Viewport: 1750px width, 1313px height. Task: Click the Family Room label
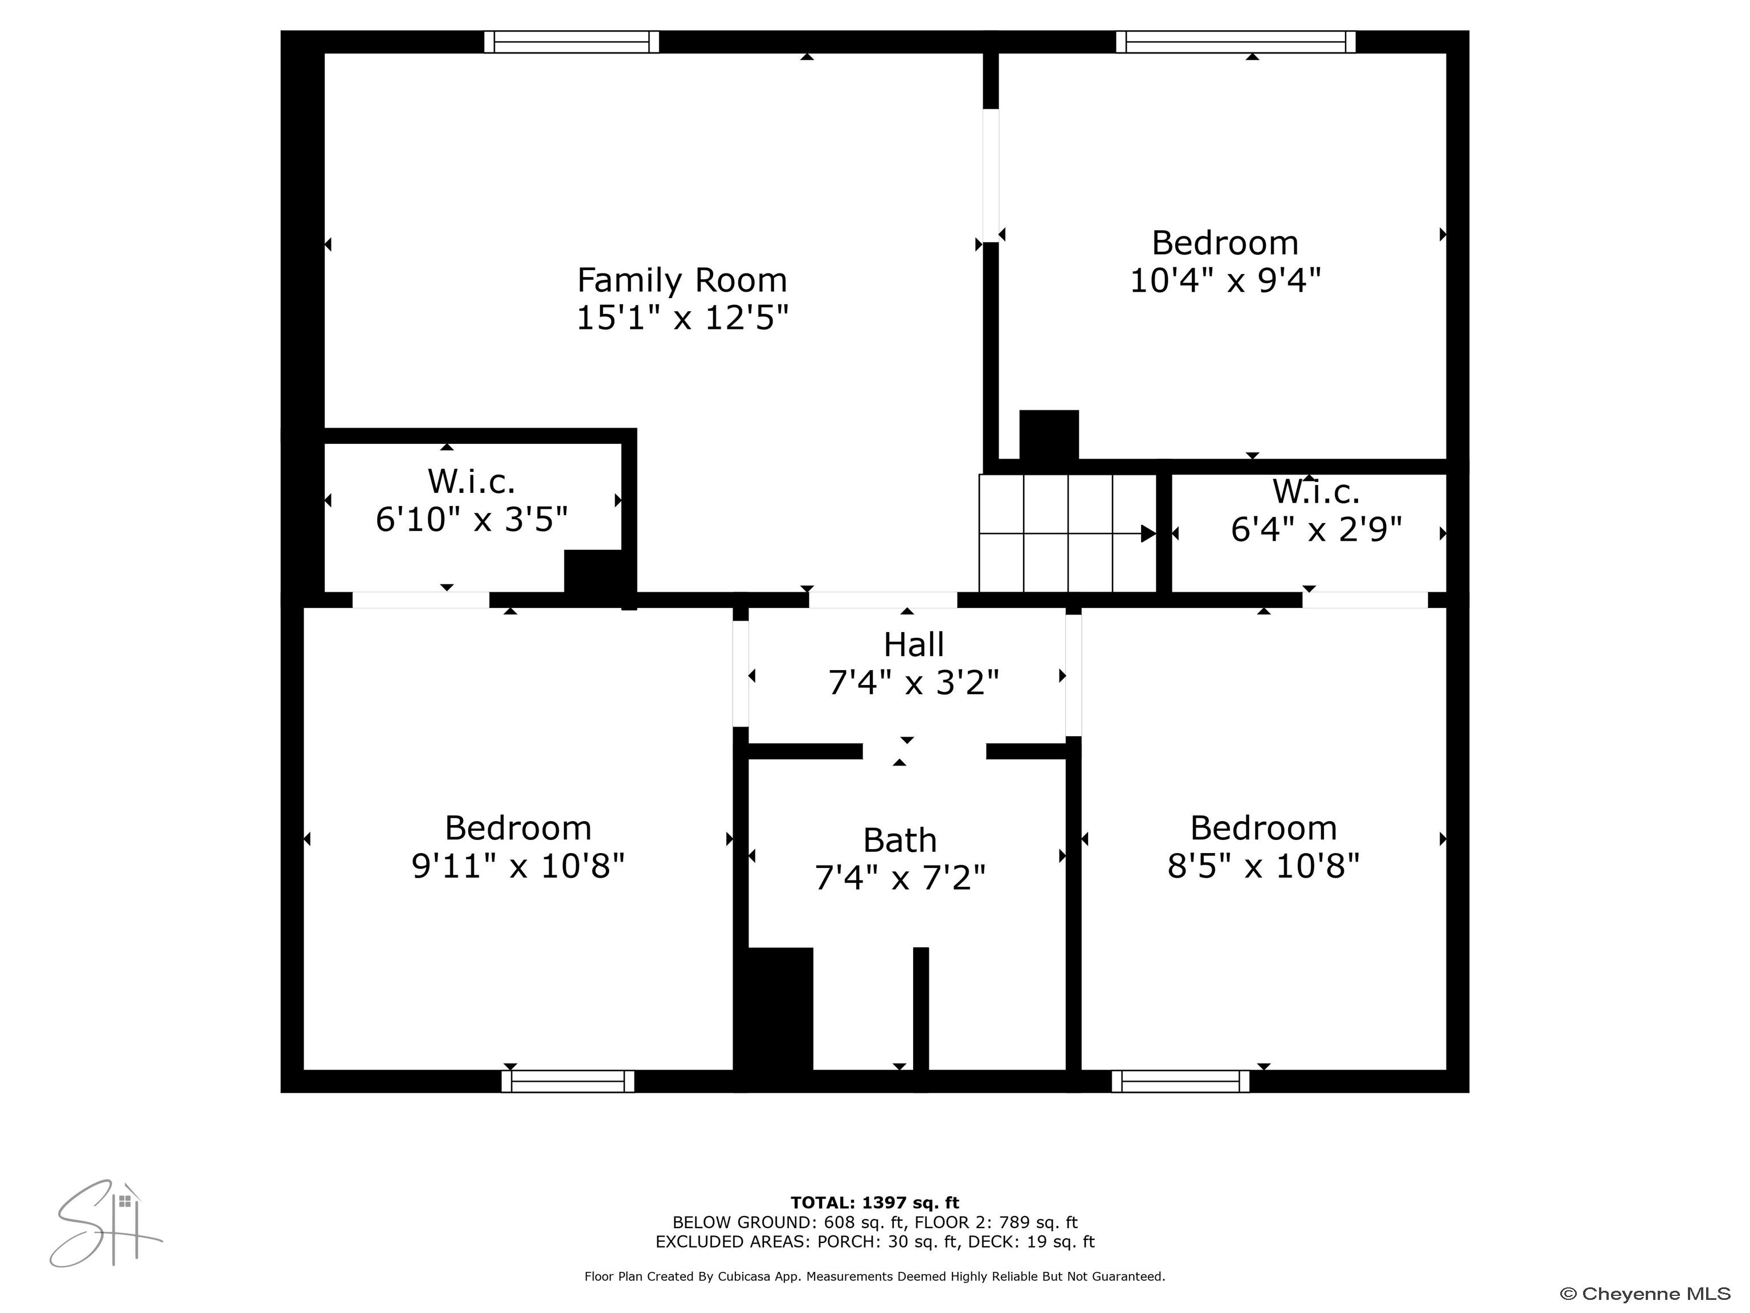click(682, 280)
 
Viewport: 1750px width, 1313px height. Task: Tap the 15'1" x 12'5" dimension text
click(682, 318)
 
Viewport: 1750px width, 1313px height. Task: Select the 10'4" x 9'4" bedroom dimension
click(1225, 280)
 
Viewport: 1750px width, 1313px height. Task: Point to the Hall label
click(913, 645)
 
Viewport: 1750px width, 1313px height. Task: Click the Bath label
click(899, 841)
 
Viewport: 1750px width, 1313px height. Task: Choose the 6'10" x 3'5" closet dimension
click(472, 520)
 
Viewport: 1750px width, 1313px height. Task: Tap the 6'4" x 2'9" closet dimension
click(1316, 529)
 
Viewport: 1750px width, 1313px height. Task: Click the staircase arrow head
click(1148, 533)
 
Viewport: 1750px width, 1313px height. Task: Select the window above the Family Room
click(571, 42)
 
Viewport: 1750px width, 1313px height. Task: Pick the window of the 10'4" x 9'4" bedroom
click(1235, 42)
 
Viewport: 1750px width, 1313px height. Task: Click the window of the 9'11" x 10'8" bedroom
click(567, 1081)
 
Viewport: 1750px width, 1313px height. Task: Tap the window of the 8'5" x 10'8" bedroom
click(1180, 1081)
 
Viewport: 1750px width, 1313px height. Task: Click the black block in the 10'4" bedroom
click(1048, 435)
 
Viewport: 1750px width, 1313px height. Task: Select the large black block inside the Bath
click(779, 1010)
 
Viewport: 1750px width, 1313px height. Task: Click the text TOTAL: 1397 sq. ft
click(874, 1203)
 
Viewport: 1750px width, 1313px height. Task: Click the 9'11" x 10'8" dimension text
click(518, 866)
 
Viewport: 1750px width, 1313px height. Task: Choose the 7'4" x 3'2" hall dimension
click(913, 682)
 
